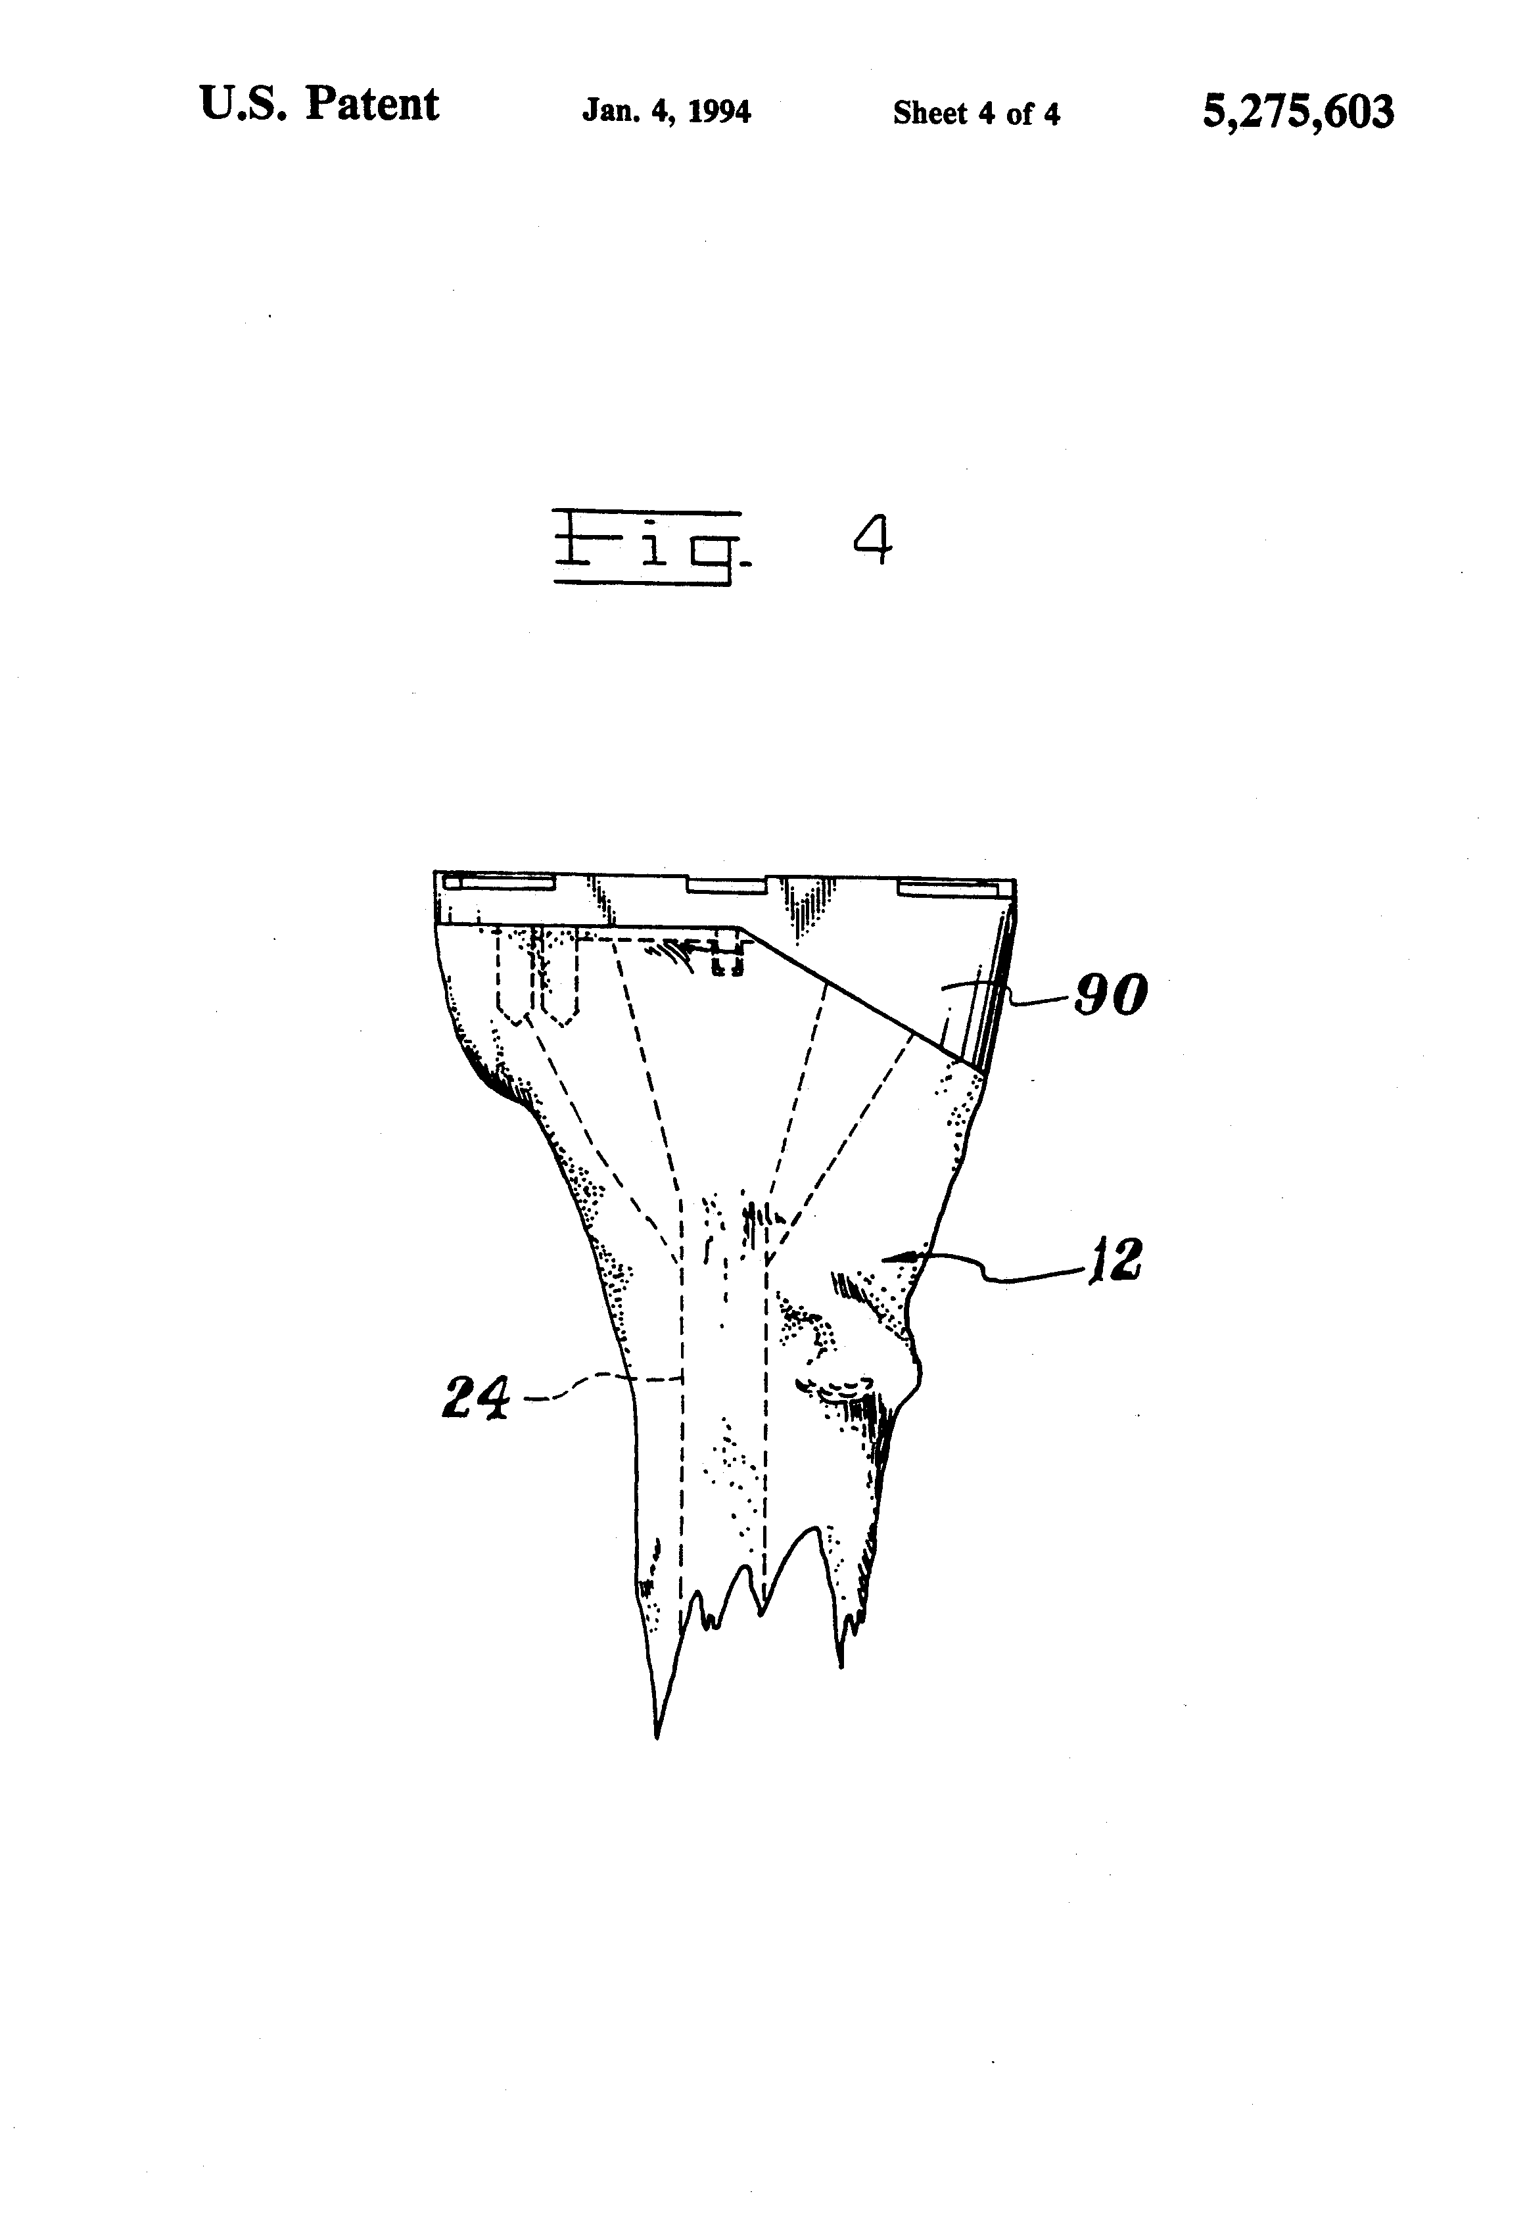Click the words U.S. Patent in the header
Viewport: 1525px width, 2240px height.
(x=319, y=104)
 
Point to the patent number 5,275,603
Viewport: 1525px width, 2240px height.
(x=1298, y=111)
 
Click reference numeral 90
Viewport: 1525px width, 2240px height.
(x=1110, y=994)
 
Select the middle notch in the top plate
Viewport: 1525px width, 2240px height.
(x=726, y=886)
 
